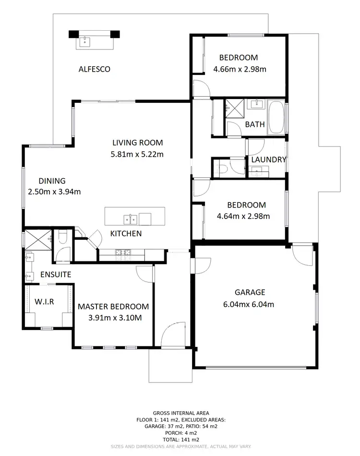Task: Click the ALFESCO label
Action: [x=94, y=69]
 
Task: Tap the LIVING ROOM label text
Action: [x=137, y=143]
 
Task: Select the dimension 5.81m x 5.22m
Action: [x=137, y=154]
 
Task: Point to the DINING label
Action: [x=52, y=181]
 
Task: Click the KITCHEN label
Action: [x=126, y=234]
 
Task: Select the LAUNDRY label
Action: [x=268, y=160]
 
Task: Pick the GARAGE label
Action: [x=250, y=292]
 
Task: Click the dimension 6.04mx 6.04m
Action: [x=250, y=304]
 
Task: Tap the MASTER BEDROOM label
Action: [x=113, y=307]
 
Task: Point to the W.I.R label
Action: [x=45, y=302]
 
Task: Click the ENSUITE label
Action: [x=56, y=275]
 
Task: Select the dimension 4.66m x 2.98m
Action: [x=240, y=69]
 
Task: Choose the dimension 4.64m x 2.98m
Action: [x=243, y=216]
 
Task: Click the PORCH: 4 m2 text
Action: [x=180, y=433]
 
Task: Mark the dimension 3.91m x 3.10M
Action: [x=113, y=318]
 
